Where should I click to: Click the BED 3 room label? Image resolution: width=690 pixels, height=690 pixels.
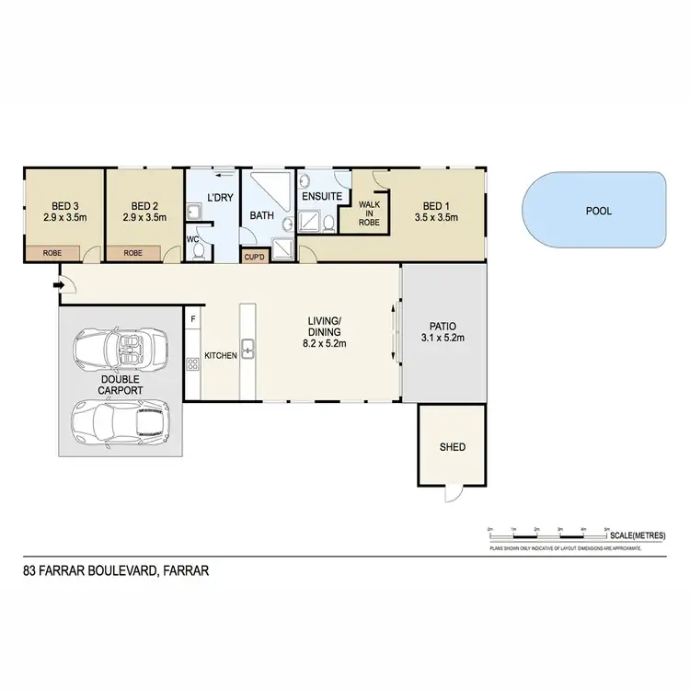pos(63,206)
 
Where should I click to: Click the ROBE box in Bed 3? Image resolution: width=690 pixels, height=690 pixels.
pos(51,252)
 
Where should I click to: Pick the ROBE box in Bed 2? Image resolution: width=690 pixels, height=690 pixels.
pos(133,252)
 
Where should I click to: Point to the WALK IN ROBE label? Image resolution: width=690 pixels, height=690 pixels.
pos(370,213)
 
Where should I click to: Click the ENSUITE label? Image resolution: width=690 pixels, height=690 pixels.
pos(321,197)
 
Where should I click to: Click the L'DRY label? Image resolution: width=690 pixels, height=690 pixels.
pos(219,198)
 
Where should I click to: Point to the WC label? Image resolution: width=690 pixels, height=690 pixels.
pos(192,239)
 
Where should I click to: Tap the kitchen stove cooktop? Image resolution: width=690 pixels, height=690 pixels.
pos(192,364)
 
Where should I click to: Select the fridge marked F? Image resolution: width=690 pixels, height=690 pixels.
pos(192,319)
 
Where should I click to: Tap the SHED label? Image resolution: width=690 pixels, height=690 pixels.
pos(452,448)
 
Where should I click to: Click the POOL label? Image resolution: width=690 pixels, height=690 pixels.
pos(599,211)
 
